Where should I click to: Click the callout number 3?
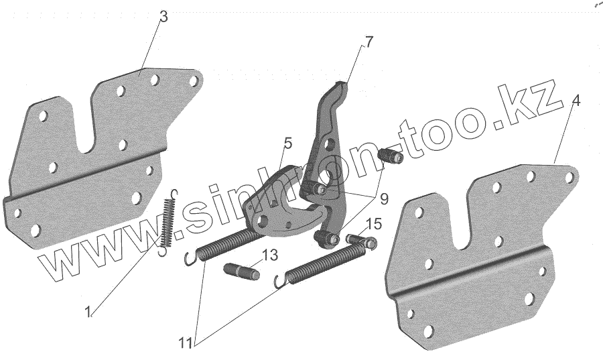[163, 16]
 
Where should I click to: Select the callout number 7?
[368, 42]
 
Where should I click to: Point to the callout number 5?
[287, 142]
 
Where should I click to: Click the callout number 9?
[383, 198]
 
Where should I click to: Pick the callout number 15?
[374, 223]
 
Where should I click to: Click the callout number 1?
[88, 311]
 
